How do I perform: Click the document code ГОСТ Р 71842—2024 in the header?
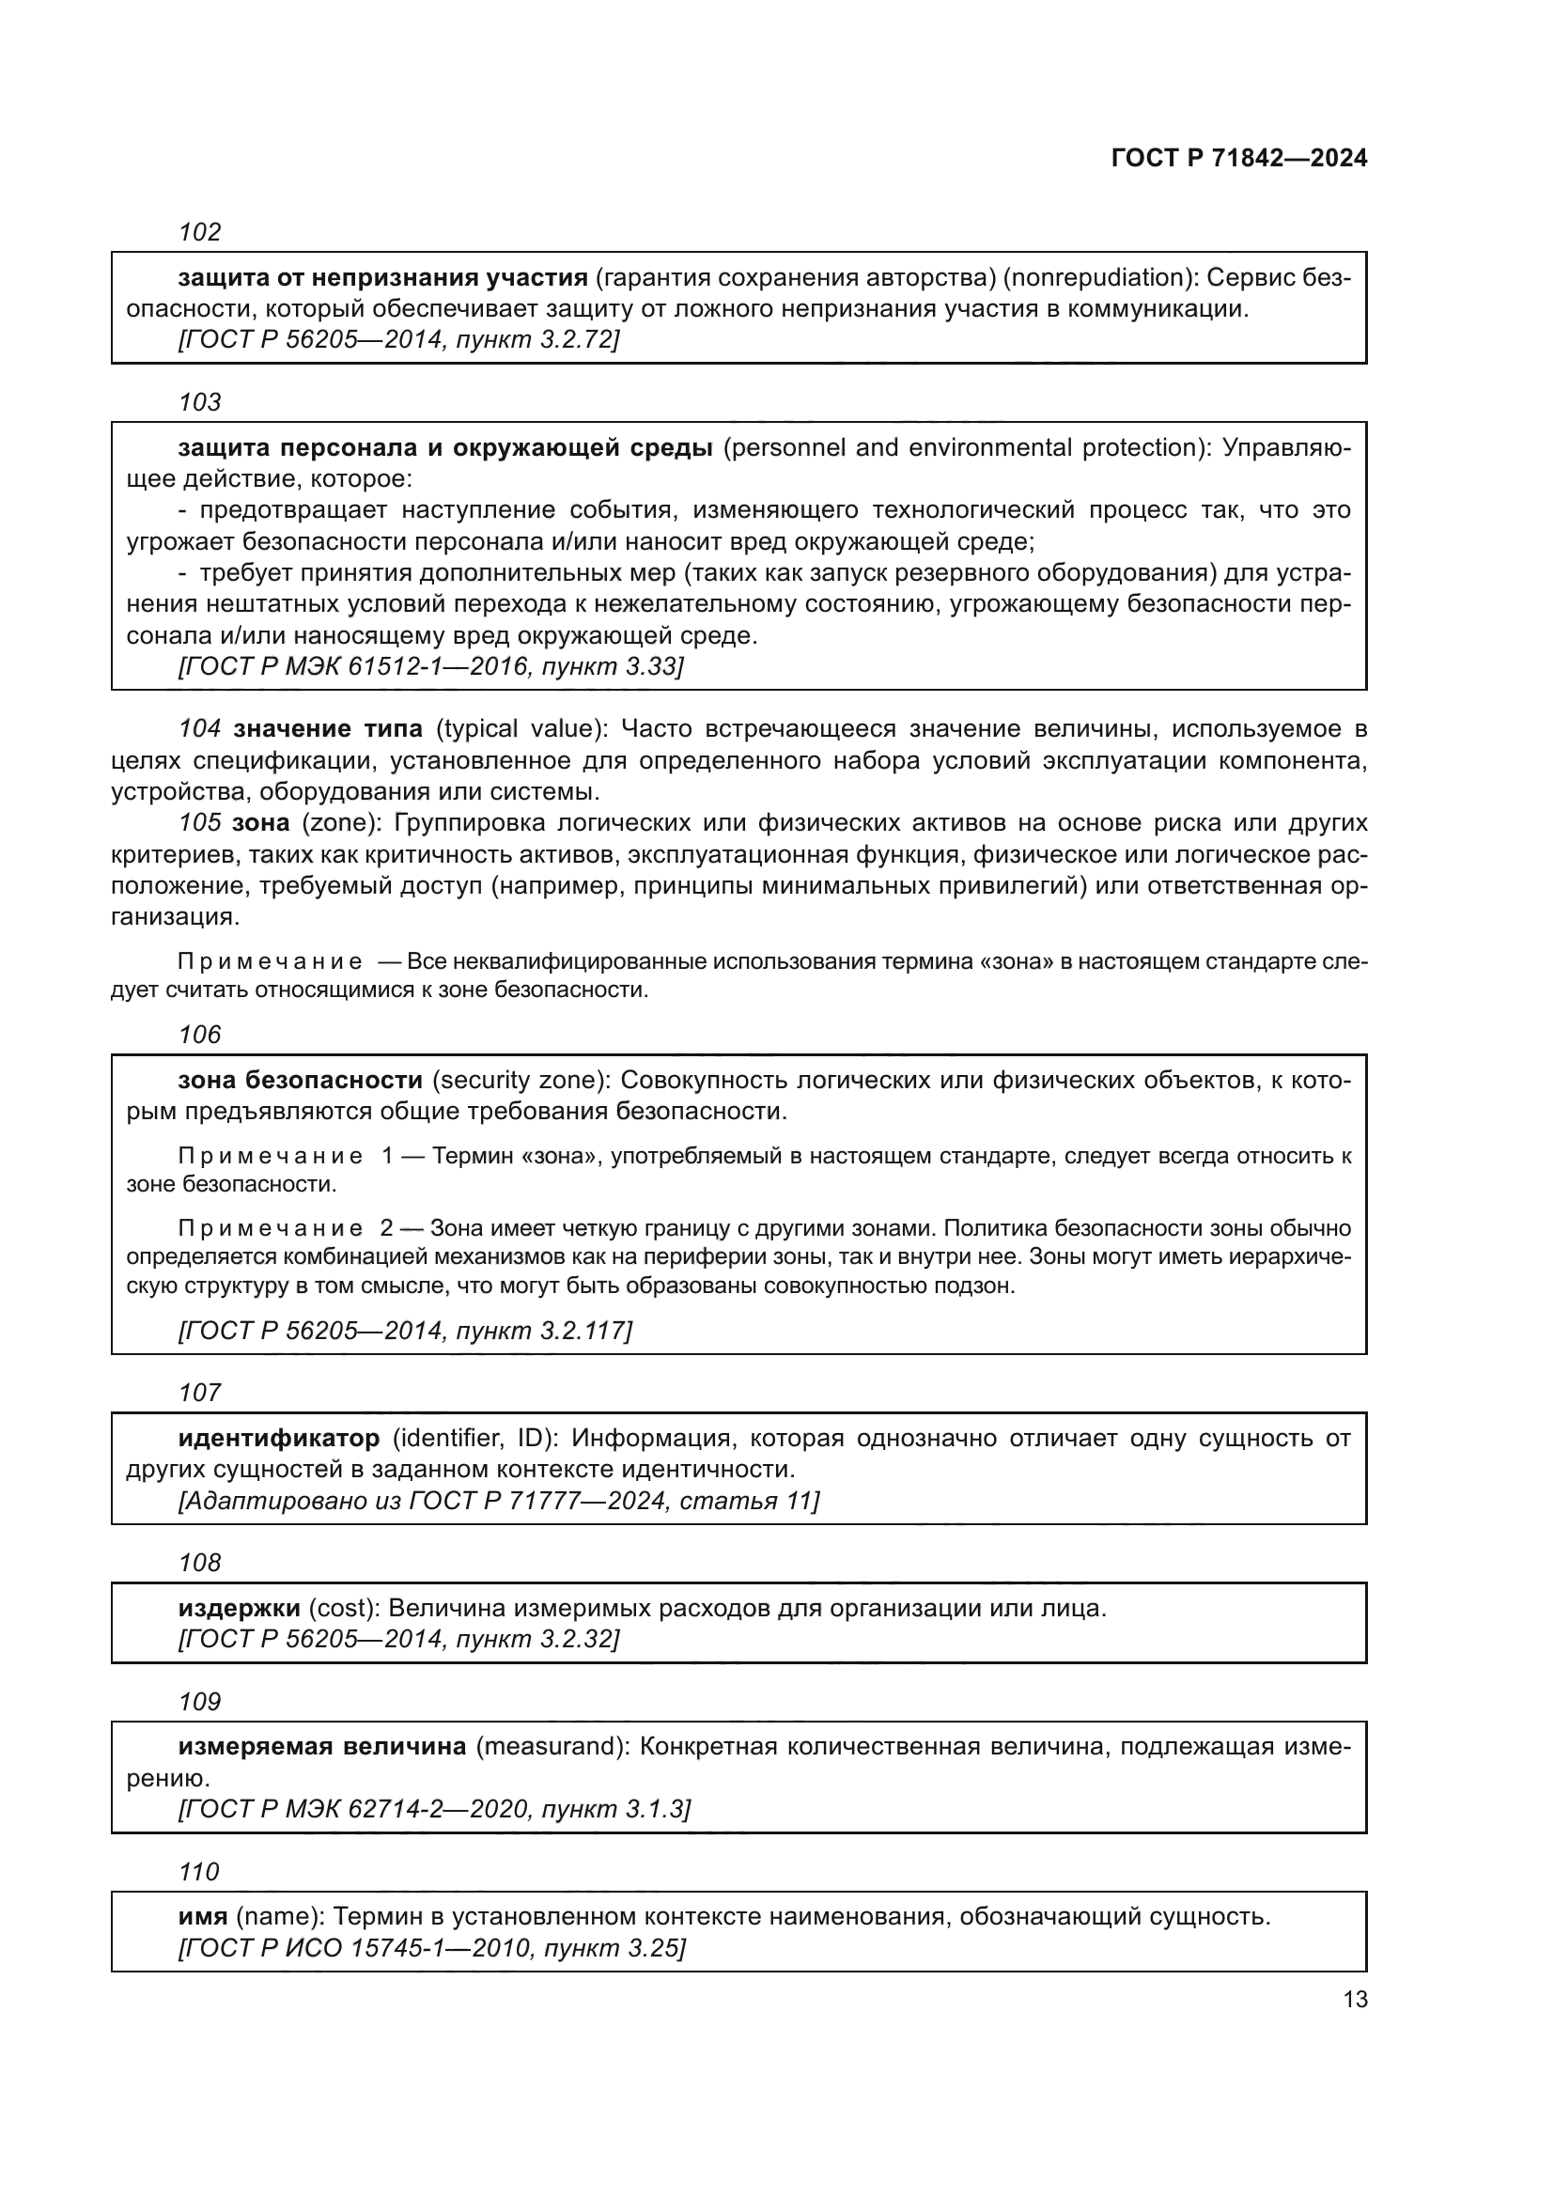[x=1239, y=159]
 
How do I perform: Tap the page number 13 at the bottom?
[x=1355, y=1999]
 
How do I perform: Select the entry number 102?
[x=200, y=233]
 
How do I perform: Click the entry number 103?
[x=200, y=402]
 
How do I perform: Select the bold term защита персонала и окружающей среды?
[x=445, y=448]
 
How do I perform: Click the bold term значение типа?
[x=328, y=729]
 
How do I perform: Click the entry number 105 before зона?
[x=200, y=823]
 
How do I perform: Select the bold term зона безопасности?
[x=301, y=1081]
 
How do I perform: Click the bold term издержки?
[x=240, y=1608]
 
